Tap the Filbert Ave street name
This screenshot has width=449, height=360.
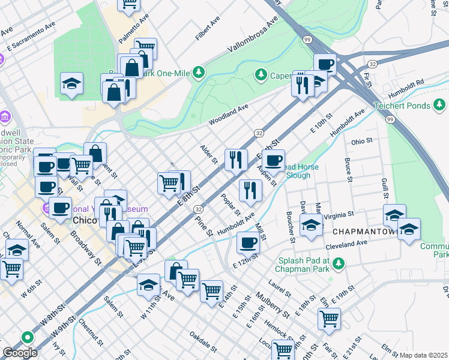(207, 29)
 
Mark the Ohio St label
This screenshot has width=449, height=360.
(362, 142)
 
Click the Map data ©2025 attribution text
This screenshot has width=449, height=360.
(423, 355)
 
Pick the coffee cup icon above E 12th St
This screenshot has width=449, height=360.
(248, 242)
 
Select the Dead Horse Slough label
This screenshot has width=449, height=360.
(298, 171)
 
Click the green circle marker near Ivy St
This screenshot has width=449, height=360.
(26, 338)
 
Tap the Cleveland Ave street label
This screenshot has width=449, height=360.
(346, 244)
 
